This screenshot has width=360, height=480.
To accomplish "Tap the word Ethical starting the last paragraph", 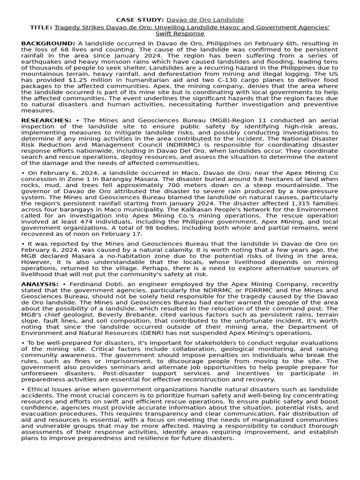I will point(39,390).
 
